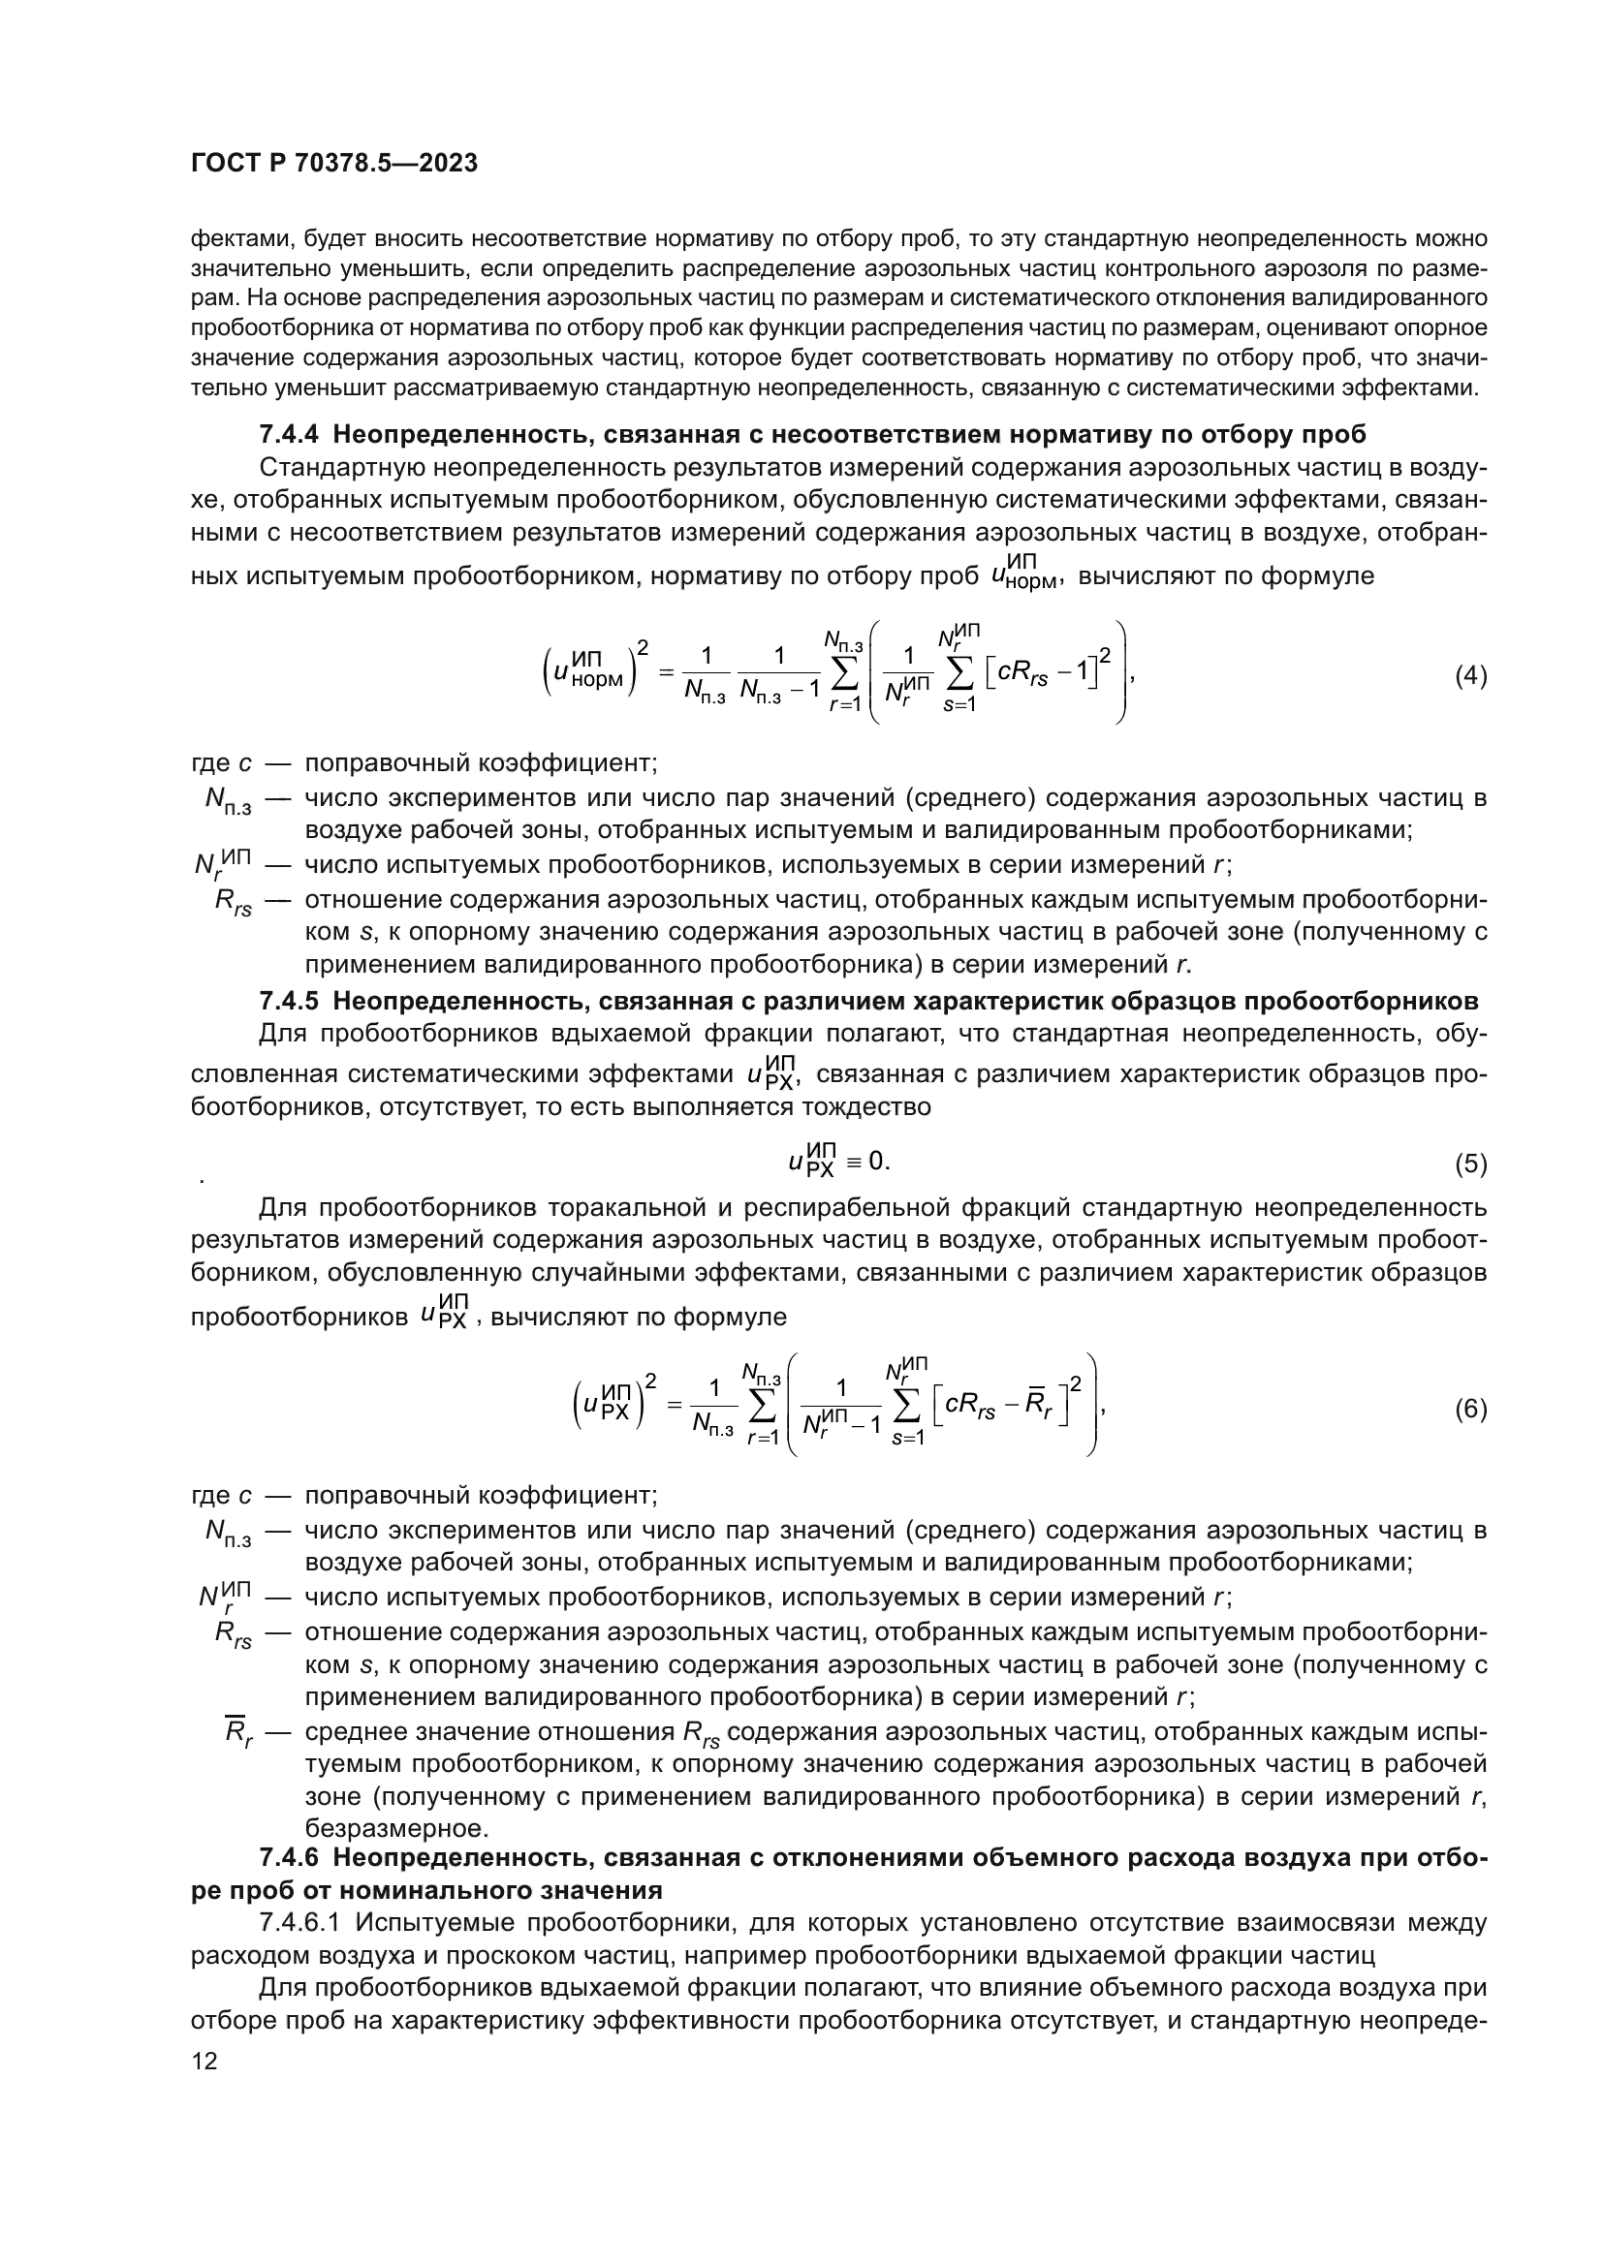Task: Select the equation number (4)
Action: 1471,676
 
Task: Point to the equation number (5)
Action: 1471,1164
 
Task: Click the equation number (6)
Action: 1471,1410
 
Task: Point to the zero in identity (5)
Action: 876,1162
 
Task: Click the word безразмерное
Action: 396,1828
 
